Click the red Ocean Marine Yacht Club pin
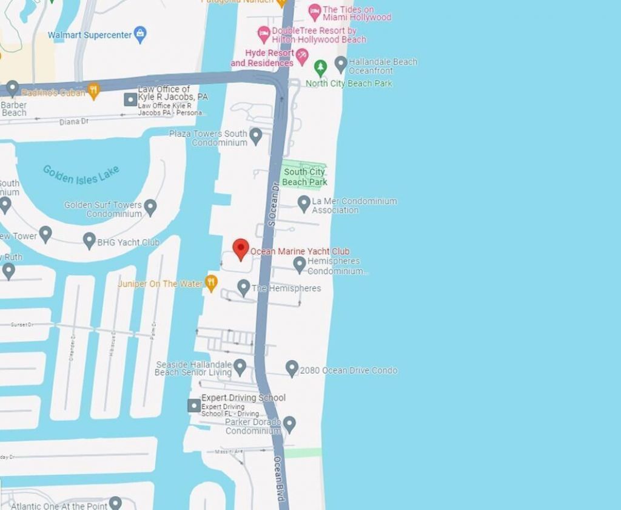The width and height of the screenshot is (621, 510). pyautogui.click(x=241, y=249)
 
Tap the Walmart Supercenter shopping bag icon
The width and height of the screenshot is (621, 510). pyautogui.click(x=141, y=34)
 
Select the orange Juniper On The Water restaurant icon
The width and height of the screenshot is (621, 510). pyautogui.click(x=211, y=283)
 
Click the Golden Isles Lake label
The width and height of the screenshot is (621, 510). pyautogui.click(x=81, y=175)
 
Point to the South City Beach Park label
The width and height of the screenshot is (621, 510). pyautogui.click(x=304, y=177)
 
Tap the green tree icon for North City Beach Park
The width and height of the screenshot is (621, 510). pyautogui.click(x=320, y=67)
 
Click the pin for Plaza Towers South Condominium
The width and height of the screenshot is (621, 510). pyautogui.click(x=256, y=135)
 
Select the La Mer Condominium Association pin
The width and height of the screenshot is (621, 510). pyautogui.click(x=304, y=203)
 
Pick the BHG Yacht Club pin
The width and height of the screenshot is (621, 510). pyautogui.click(x=89, y=240)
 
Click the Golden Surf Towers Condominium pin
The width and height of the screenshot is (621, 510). pyautogui.click(x=150, y=208)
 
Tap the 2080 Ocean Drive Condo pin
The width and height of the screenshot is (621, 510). pyautogui.click(x=292, y=368)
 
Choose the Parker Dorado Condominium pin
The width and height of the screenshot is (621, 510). pyautogui.click(x=289, y=424)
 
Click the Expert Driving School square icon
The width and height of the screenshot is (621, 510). pyautogui.click(x=194, y=405)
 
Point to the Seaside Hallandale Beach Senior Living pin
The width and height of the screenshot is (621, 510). pyautogui.click(x=240, y=367)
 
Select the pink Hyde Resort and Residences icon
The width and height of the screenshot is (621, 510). pyautogui.click(x=302, y=58)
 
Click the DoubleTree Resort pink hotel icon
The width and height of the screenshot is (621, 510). pyautogui.click(x=264, y=33)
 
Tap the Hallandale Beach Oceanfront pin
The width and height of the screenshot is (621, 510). pyautogui.click(x=341, y=63)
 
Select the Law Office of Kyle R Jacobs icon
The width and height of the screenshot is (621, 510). pyautogui.click(x=130, y=99)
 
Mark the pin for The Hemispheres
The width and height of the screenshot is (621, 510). pyautogui.click(x=244, y=287)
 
